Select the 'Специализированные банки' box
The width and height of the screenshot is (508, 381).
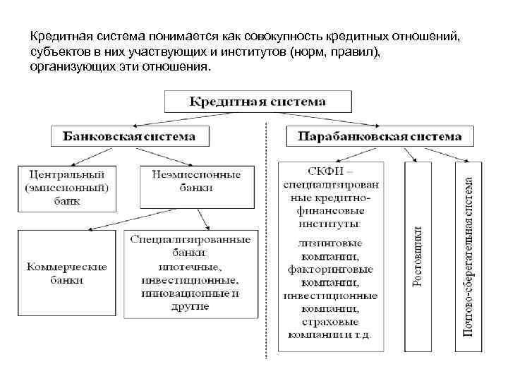tap(190, 274)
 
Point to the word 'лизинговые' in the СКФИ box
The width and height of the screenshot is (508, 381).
tap(331, 243)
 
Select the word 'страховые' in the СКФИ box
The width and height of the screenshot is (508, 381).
tap(331, 321)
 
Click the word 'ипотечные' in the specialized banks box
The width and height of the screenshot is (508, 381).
tap(189, 267)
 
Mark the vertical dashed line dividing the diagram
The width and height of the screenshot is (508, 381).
tap(266, 240)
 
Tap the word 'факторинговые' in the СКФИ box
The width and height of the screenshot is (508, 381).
tap(331, 269)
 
